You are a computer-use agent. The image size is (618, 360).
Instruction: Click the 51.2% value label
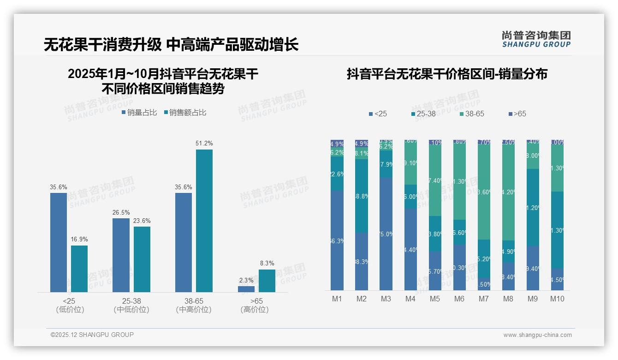pos(204,144)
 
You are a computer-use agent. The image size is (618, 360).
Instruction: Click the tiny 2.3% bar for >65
pos(246,289)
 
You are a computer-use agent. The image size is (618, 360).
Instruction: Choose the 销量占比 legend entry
pos(139,112)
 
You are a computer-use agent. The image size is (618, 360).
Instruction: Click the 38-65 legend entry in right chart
pos(471,114)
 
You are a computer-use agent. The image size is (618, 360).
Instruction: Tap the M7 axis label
pos(484,299)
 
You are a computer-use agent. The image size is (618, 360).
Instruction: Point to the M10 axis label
pos(557,299)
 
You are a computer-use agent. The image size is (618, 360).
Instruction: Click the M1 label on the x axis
pos(337,299)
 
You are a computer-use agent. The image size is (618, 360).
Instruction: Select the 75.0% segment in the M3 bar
pos(386,234)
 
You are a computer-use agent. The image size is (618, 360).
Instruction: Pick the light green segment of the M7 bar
pos(484,192)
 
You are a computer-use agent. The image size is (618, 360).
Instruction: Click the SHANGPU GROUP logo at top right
pos(536,39)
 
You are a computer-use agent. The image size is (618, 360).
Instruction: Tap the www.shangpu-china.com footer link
pos(537,335)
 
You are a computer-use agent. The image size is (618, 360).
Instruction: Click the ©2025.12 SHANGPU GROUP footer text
pos(92,335)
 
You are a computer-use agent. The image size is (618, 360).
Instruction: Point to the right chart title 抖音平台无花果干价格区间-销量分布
pos(447,74)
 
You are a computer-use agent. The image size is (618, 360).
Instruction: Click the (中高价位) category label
pos(194,310)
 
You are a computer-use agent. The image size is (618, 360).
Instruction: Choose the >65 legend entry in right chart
pos(517,114)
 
